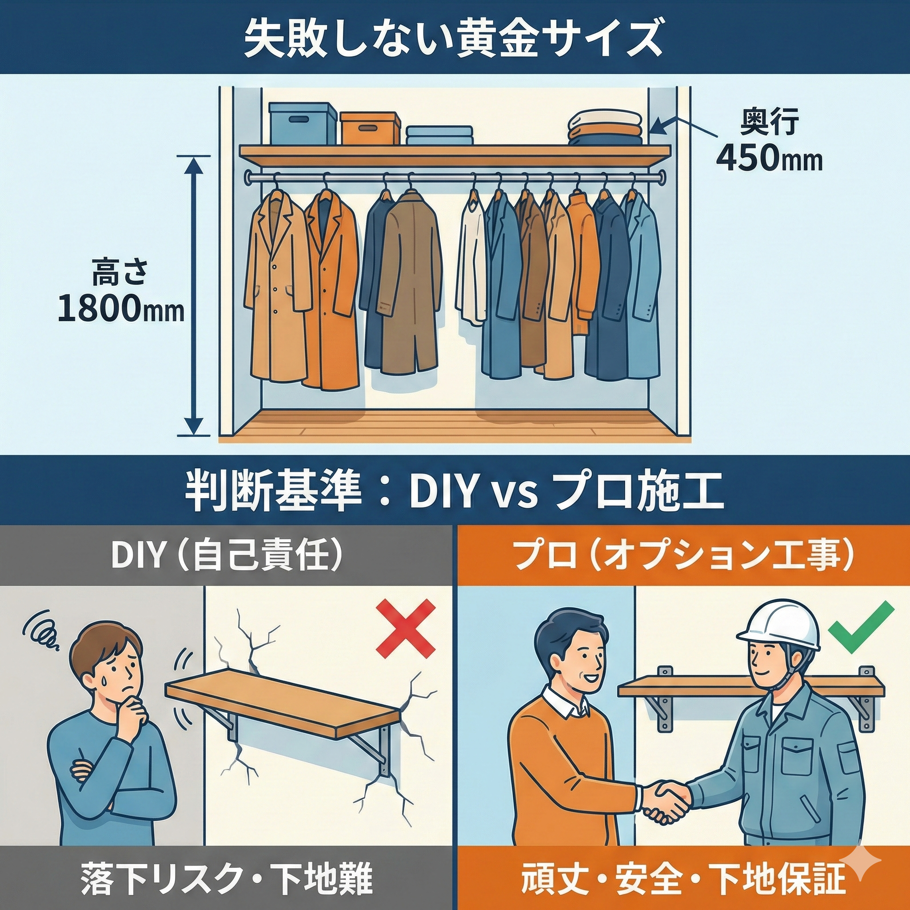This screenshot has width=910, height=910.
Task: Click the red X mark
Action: click(406, 629)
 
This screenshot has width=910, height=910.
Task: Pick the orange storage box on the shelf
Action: click(370, 128)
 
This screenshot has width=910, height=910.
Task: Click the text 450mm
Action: click(769, 159)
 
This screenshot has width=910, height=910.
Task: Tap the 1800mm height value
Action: click(120, 309)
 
